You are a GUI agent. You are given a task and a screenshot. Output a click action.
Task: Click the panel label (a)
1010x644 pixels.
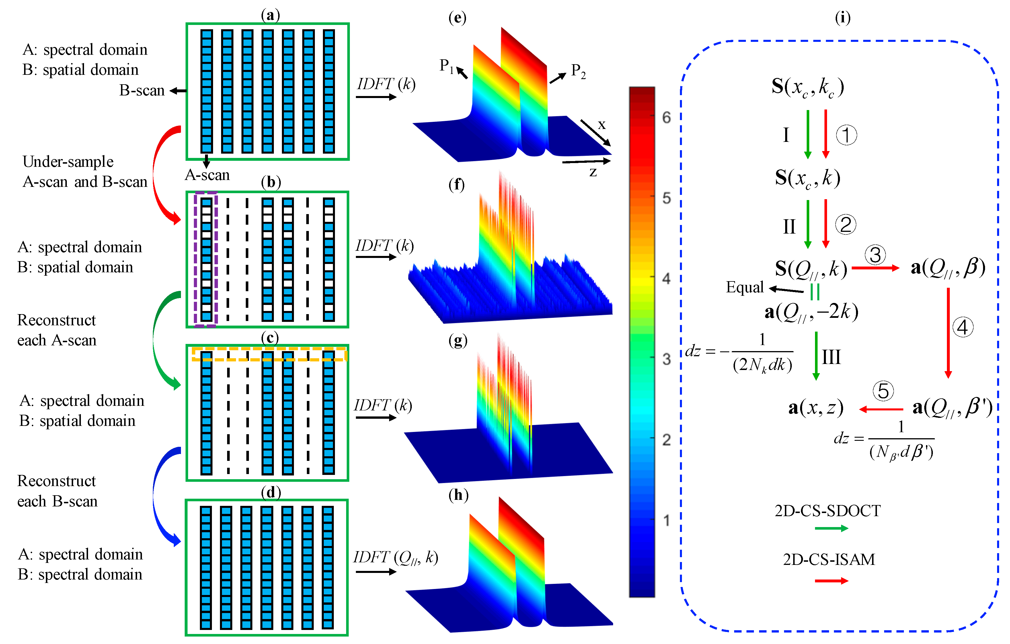point(270,15)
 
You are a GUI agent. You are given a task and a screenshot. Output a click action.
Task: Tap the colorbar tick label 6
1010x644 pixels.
point(666,118)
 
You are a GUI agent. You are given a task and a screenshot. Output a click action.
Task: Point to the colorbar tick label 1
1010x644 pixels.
point(666,521)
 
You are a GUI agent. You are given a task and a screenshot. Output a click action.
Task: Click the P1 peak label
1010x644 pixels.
point(446,66)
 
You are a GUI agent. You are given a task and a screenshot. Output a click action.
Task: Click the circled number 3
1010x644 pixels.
point(875,255)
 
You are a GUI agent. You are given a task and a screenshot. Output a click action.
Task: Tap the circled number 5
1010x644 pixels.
point(883,391)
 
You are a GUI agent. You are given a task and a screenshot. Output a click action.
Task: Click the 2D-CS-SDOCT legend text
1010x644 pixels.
point(827,511)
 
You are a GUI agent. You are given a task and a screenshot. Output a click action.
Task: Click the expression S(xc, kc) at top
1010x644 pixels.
point(808,87)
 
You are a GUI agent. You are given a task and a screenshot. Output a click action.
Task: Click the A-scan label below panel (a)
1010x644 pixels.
point(207,175)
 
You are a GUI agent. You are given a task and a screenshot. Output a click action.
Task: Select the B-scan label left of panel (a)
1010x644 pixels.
point(142,90)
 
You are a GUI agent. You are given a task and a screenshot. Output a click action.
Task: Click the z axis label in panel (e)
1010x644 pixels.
point(593,172)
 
